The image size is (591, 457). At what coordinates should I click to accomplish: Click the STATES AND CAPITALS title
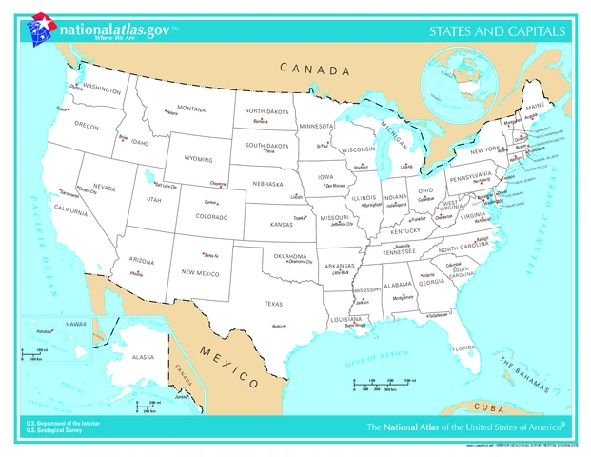pos(497,31)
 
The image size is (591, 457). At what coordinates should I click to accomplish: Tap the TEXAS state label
pos(273,304)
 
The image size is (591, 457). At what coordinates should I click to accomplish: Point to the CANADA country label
pos(314,70)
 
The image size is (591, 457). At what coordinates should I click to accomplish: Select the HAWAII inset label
pos(75,326)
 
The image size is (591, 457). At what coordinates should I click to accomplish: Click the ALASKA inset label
pos(142,357)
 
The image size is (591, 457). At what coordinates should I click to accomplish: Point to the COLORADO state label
pos(210,217)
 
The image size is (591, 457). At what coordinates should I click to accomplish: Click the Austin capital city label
pos(279,327)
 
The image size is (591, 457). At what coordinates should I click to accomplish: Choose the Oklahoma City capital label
pos(300,262)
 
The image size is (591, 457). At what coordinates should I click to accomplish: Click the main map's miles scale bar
pos(382,386)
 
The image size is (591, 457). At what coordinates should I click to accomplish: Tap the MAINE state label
pos(536,107)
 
